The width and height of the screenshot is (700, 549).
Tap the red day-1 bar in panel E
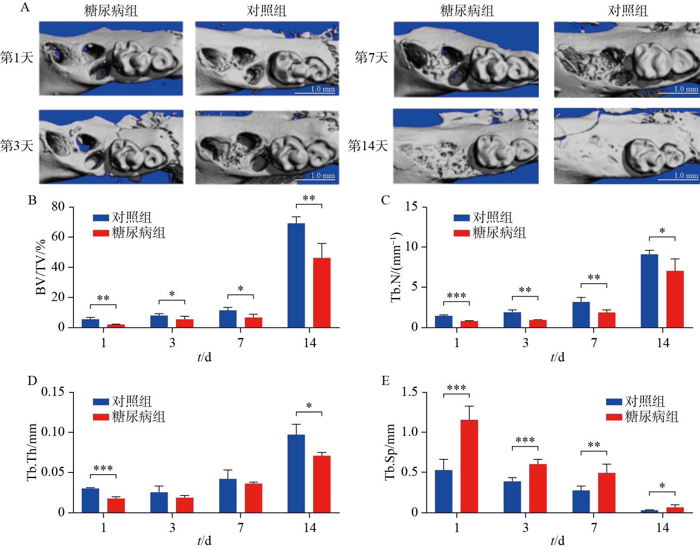pos(469,466)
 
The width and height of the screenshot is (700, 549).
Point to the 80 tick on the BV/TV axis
pos(58,207)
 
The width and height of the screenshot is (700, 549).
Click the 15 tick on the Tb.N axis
pos(411,207)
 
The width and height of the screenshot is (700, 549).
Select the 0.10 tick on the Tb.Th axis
pos(53,432)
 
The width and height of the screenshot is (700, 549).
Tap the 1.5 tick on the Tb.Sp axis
pos(409,392)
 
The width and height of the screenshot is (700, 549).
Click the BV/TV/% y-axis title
pos(41,267)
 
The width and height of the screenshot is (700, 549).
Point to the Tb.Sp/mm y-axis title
pos(390,452)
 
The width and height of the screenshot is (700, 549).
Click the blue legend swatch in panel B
pos(101,218)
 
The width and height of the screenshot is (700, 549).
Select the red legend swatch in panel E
pos(614,417)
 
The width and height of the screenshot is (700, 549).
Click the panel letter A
pos(25,7)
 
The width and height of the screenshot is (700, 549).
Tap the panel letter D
pos(32,381)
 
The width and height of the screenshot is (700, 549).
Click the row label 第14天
pos(368,145)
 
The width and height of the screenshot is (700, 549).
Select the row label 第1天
pos(17,57)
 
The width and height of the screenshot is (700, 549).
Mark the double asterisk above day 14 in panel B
pos(309,198)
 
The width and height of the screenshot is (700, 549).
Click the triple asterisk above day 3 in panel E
pos(525,440)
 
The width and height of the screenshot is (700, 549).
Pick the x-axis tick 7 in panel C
pos(594,343)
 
